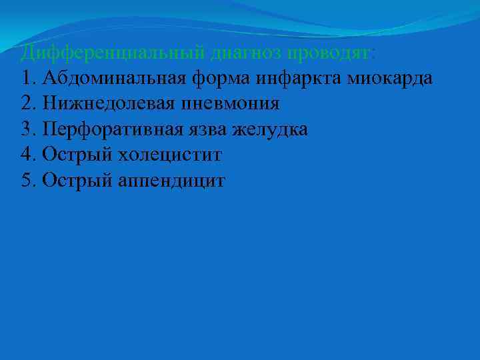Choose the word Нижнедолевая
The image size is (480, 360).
click(x=107, y=103)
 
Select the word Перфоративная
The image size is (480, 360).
click(x=109, y=129)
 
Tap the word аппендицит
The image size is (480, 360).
click(x=172, y=181)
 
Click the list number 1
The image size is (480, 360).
click(x=27, y=78)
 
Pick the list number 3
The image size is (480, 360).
click(x=27, y=129)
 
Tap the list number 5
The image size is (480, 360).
click(x=27, y=181)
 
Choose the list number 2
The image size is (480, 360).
click(x=27, y=103)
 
